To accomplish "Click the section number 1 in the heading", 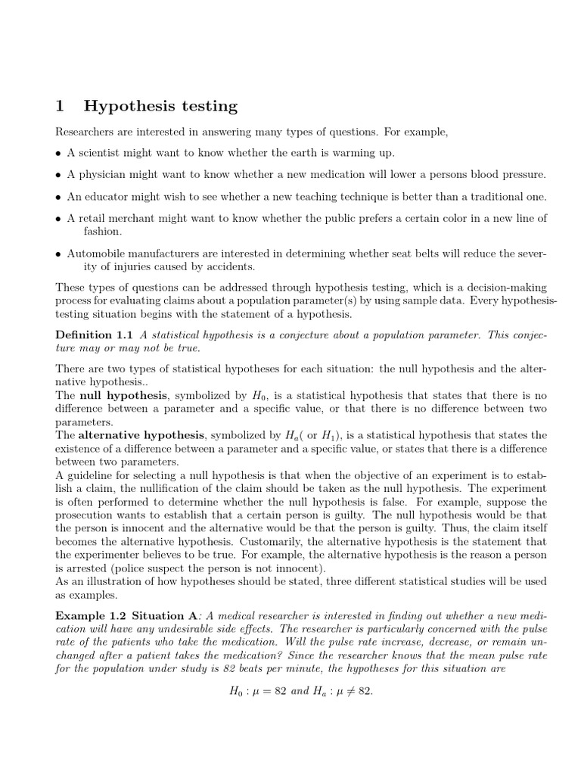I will (x=61, y=106).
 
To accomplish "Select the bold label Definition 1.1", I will (x=95, y=335).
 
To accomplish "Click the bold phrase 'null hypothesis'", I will (x=117, y=395).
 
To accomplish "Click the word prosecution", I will (x=88, y=516).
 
